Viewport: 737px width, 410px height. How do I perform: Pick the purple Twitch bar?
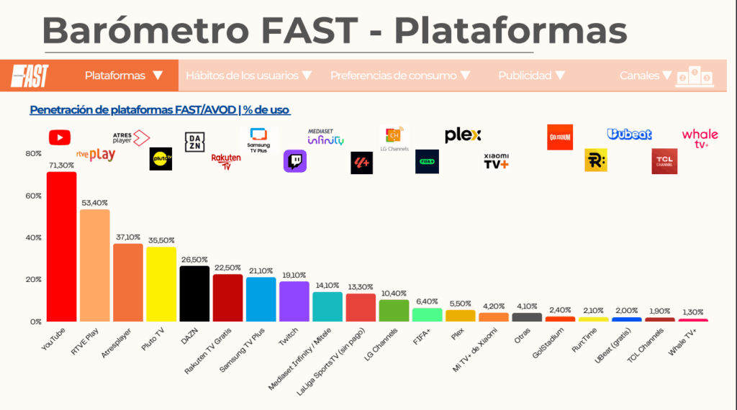coord(294,301)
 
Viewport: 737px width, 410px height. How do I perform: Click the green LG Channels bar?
coord(394,310)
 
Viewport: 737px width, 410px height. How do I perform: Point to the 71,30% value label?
coord(61,165)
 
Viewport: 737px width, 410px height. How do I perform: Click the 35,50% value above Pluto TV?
coord(161,240)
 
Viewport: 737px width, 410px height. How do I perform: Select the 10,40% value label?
coord(394,293)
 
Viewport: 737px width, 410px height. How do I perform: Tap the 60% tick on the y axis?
coord(33,196)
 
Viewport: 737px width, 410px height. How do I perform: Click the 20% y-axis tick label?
coord(33,279)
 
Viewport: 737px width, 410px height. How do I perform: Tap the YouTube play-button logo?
coord(59,137)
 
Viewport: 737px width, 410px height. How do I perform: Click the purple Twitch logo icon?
coord(295,161)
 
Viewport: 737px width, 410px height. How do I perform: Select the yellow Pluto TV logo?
coord(160,159)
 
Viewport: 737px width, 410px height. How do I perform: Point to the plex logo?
coord(463,135)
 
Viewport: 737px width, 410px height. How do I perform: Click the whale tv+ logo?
coord(700,137)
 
